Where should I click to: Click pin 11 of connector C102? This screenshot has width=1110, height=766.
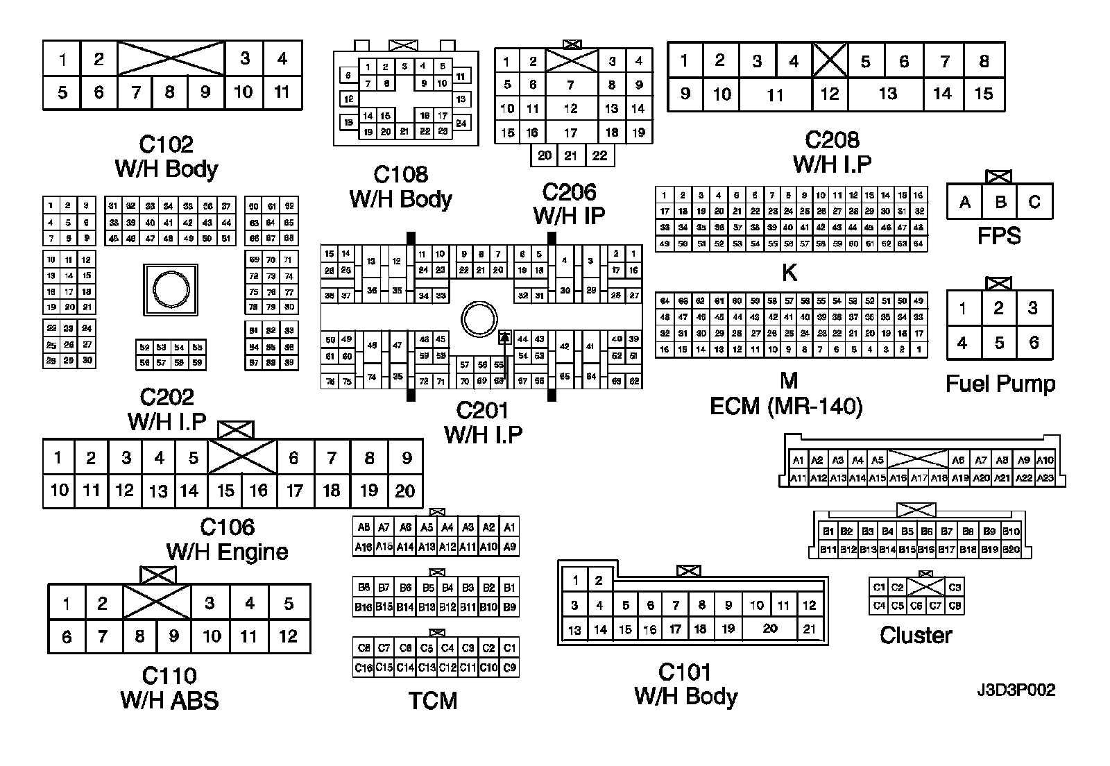coord(282,92)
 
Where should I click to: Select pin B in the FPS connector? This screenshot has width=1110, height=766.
coord(1000,202)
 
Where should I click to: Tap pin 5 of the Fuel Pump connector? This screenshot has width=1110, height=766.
coord(999,342)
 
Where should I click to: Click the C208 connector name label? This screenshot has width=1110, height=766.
coord(832,140)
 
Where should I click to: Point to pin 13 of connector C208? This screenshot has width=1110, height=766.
coord(888,94)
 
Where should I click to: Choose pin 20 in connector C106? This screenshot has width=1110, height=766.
coord(404,491)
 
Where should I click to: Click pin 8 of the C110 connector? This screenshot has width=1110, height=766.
coord(139,636)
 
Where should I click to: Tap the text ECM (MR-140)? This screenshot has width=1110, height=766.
coord(786,406)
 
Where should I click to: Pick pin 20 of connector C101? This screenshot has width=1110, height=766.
coord(770,629)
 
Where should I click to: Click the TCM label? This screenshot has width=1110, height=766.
coord(433,701)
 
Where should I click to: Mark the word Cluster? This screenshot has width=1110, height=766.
coord(916,635)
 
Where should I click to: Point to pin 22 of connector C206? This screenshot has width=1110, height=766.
coord(599,155)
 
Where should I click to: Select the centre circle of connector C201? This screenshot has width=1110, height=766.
coord(479,320)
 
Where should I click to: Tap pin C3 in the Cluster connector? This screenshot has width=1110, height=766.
coord(955,588)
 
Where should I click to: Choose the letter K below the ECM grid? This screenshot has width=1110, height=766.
coord(789,273)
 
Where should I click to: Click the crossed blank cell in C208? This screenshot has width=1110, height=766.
coord(830,61)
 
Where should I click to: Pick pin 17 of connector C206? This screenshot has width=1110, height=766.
coord(570,132)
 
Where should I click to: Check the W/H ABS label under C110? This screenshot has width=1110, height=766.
coord(169,701)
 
